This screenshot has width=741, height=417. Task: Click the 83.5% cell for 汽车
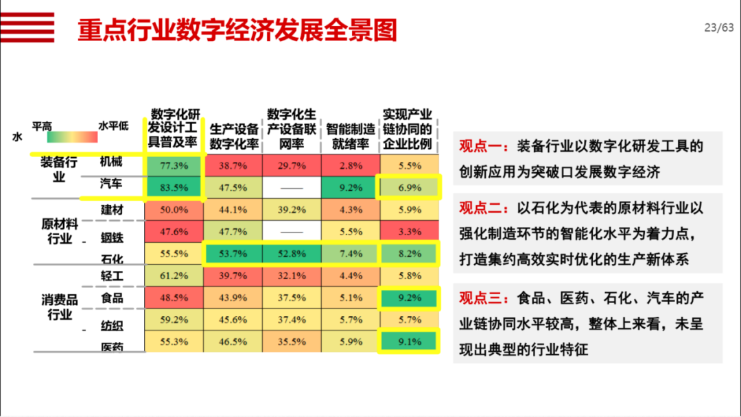pyautogui.click(x=174, y=187)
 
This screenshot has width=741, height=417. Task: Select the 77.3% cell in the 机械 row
pyautogui.click(x=174, y=165)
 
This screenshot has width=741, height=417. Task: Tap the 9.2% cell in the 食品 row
pyautogui.click(x=410, y=298)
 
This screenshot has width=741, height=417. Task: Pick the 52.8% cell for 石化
pyautogui.click(x=292, y=254)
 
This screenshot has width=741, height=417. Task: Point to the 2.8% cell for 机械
pyautogui.click(x=350, y=165)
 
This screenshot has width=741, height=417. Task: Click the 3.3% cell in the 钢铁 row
pyautogui.click(x=410, y=232)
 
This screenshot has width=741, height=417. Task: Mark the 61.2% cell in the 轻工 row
pyautogui.click(x=174, y=276)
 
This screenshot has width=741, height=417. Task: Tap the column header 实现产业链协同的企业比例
pyautogui.click(x=410, y=129)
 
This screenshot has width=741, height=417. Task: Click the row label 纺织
pyautogui.click(x=112, y=323)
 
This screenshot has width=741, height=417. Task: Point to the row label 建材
pyautogui.click(x=112, y=210)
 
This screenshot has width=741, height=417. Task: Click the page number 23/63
pyautogui.click(x=718, y=28)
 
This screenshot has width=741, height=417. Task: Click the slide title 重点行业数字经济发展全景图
pyautogui.click(x=237, y=30)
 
